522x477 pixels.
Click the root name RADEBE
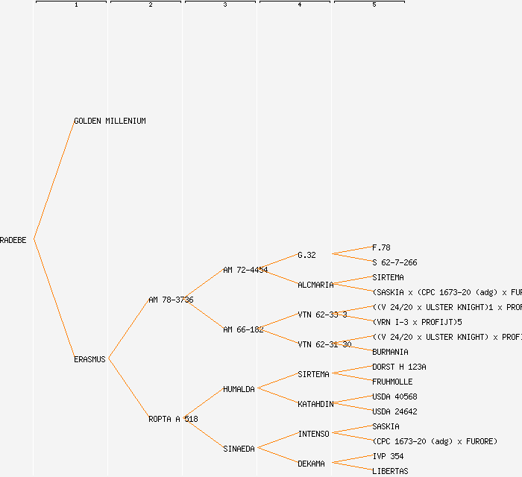point(13,240)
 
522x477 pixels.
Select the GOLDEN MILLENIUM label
point(110,121)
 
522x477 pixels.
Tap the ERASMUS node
point(90,359)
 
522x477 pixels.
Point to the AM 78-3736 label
point(171,300)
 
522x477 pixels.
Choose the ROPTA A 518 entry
point(173,419)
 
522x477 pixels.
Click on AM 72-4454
point(245,270)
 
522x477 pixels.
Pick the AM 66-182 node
point(243,329)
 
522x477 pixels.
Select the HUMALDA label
point(239,389)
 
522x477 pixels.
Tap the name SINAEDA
point(239,449)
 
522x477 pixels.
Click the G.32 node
point(306,255)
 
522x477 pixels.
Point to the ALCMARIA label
point(315,285)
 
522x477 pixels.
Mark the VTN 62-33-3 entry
point(322,315)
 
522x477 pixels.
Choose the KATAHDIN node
point(315,404)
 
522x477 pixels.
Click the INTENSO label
point(313,434)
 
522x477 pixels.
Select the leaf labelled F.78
point(381,247)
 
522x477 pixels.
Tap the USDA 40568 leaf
point(394,397)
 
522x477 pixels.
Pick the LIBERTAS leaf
point(390,471)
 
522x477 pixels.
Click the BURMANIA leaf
point(390,352)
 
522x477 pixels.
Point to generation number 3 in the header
point(224,5)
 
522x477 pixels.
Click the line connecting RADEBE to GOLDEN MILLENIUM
point(54,180)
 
